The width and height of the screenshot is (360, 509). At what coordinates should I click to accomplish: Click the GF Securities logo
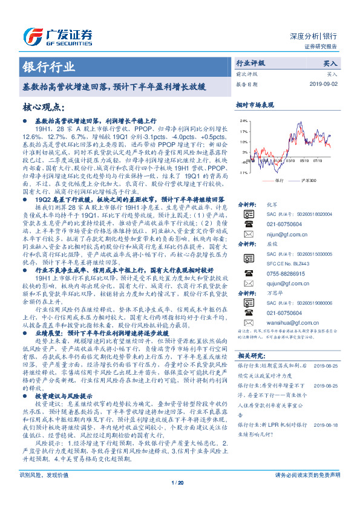(61, 36)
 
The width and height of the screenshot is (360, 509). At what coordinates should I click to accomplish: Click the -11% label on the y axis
(242, 172)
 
